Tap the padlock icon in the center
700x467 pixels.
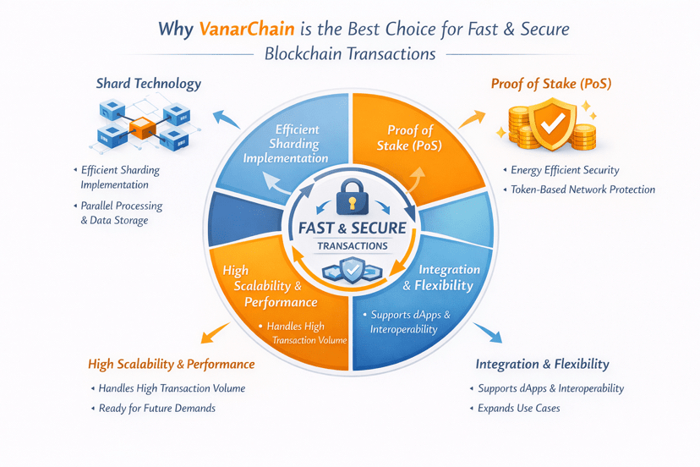[x=349, y=199]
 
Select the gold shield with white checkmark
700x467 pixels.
[x=551, y=124]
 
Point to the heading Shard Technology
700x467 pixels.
[x=149, y=84]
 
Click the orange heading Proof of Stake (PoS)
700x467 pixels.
[x=551, y=84]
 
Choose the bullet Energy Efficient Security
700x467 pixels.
[x=565, y=170]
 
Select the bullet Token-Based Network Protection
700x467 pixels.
[x=582, y=190]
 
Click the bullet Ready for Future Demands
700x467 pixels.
[x=156, y=408]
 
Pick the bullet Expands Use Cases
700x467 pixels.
[x=518, y=408]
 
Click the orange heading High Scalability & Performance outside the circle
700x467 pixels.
[x=171, y=364]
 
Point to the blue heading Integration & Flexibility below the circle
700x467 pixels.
[x=542, y=364]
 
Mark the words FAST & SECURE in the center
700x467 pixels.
[x=352, y=228]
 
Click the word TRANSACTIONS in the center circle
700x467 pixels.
[x=352, y=246]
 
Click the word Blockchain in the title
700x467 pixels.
[x=306, y=54]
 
